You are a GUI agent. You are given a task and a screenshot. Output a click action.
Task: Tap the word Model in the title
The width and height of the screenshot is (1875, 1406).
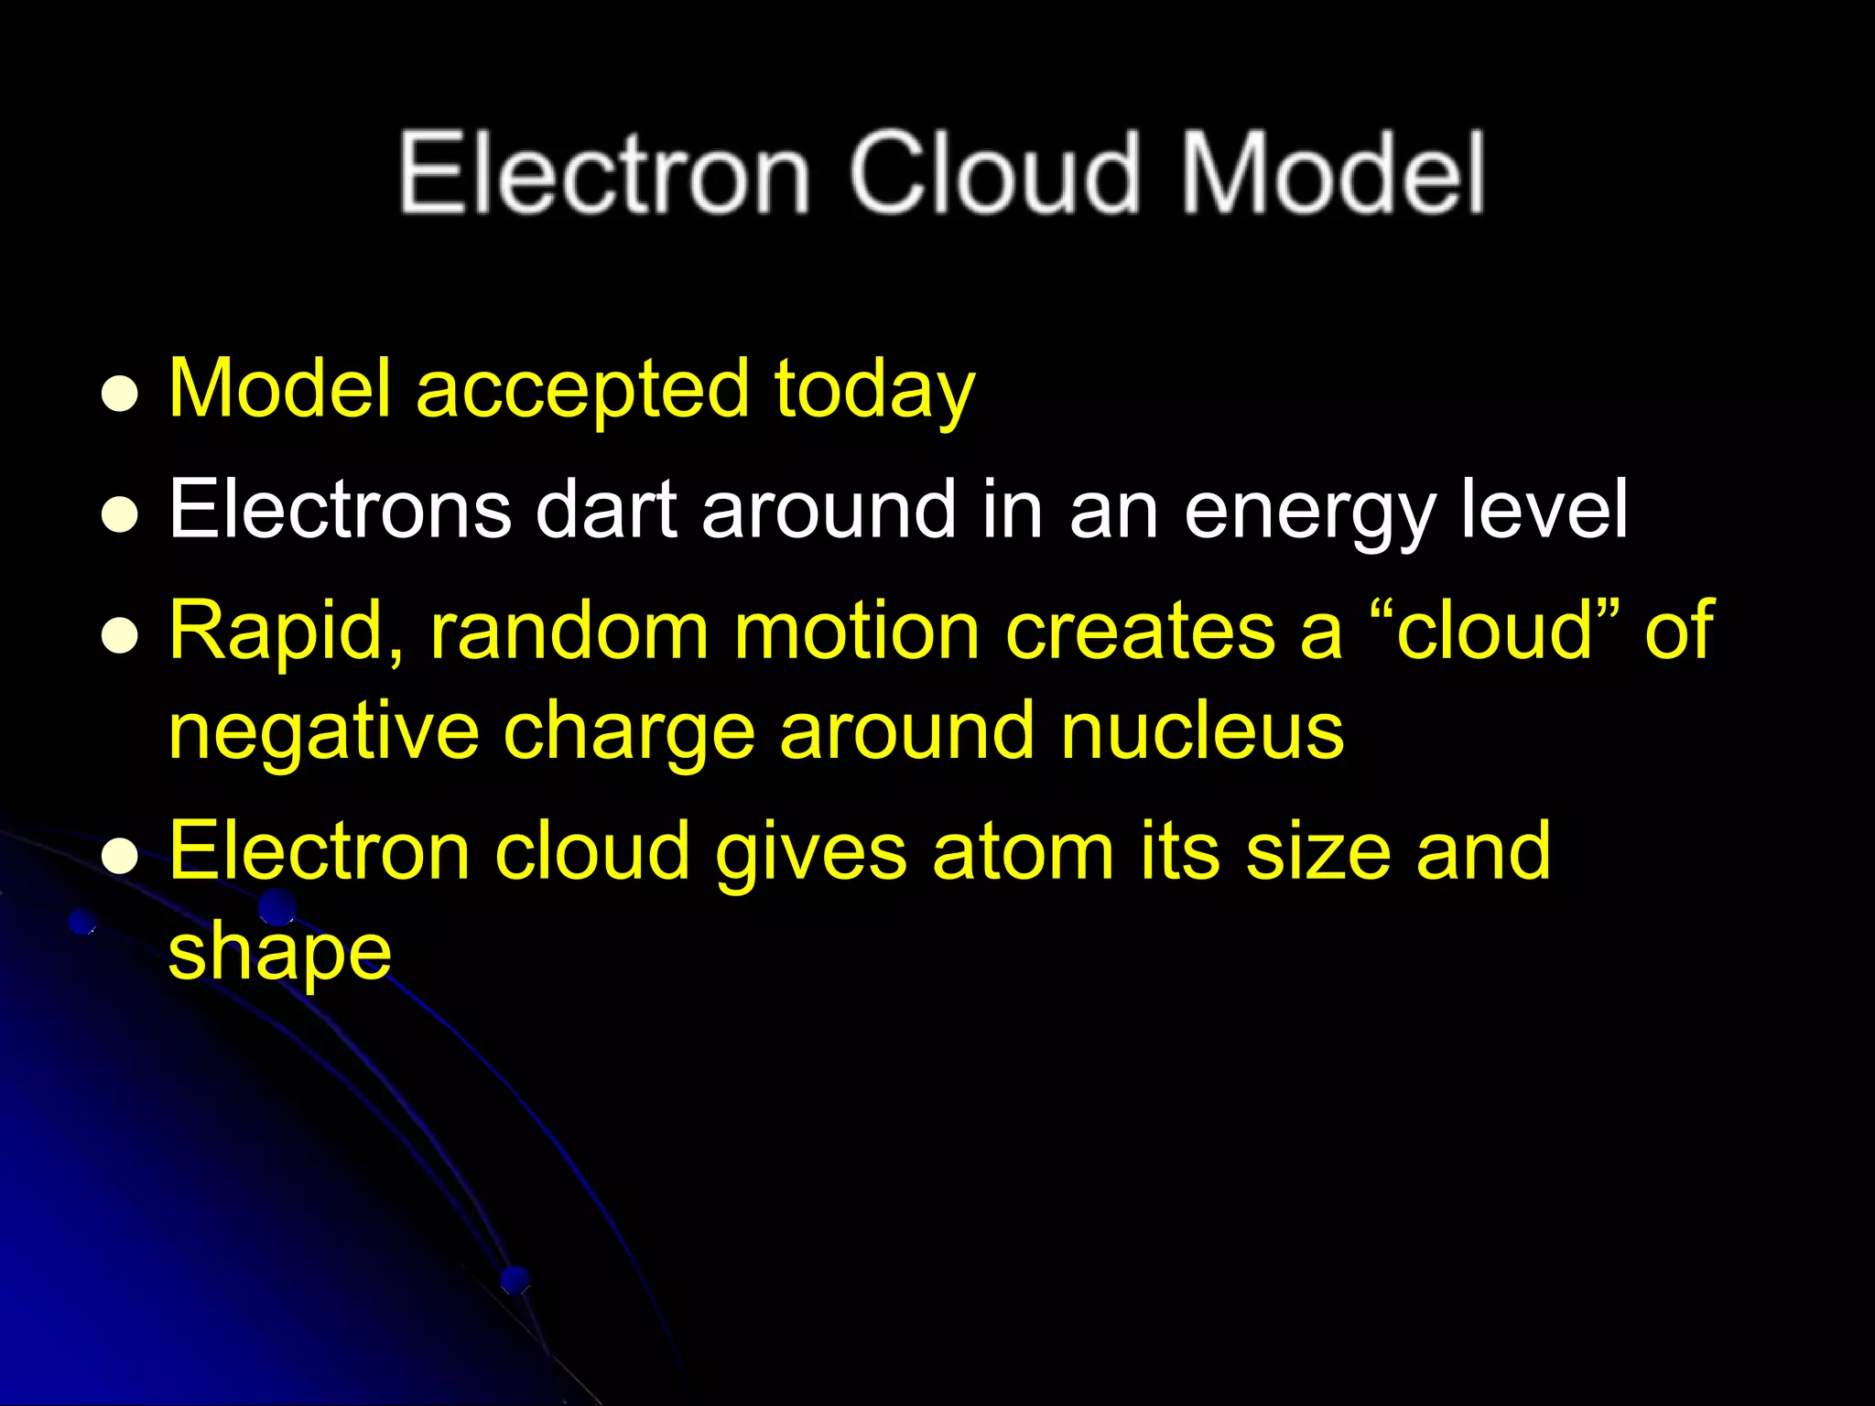1332,174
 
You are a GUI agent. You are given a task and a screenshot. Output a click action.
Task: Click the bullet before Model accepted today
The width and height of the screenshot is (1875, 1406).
119,395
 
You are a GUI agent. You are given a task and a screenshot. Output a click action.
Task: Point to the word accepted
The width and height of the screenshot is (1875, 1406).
582,390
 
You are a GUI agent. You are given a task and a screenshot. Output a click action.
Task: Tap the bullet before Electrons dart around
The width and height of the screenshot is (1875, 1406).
119,514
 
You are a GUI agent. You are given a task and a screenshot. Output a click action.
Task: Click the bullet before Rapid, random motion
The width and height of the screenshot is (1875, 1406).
119,635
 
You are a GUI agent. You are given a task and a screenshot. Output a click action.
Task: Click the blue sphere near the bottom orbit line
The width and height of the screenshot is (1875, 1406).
515,1279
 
